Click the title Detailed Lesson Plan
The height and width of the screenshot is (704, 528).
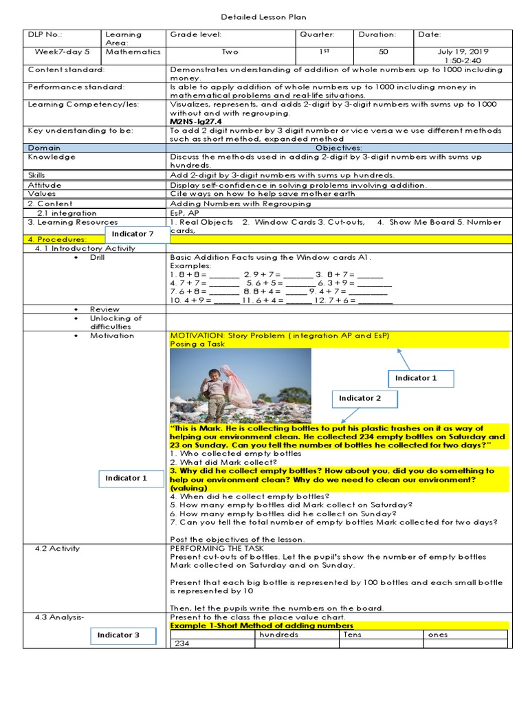[264, 17]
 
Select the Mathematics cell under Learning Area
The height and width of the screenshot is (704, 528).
[133, 52]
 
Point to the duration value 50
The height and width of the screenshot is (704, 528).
[384, 52]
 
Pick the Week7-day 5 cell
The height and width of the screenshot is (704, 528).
[63, 52]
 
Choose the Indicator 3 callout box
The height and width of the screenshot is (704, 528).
[118, 635]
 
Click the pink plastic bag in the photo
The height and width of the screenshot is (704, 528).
[239, 388]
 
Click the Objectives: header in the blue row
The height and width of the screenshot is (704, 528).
[338, 148]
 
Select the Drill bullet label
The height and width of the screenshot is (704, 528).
[97, 257]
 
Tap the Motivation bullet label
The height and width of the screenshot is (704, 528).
[112, 335]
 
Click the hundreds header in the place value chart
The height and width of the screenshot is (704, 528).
[278, 635]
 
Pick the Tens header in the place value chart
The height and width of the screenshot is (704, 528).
[352, 635]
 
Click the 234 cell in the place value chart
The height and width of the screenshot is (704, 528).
[182, 643]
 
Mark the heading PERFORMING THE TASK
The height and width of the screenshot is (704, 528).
[208, 549]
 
